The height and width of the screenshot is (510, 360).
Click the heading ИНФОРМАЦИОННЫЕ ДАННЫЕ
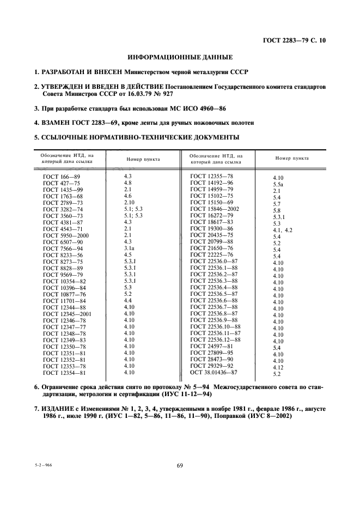[x=180, y=57]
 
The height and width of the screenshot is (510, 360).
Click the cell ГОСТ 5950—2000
[x=65, y=235]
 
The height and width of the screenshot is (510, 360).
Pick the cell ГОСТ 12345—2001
[x=67, y=313]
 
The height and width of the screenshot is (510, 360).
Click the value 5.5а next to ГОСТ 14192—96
[x=278, y=184]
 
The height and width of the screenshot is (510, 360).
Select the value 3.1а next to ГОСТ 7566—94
[x=130, y=248]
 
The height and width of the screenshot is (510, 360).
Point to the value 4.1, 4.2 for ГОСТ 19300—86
[x=283, y=230]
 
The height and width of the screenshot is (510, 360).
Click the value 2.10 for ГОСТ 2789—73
[x=129, y=203]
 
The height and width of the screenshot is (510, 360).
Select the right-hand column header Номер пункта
[x=292, y=158]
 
